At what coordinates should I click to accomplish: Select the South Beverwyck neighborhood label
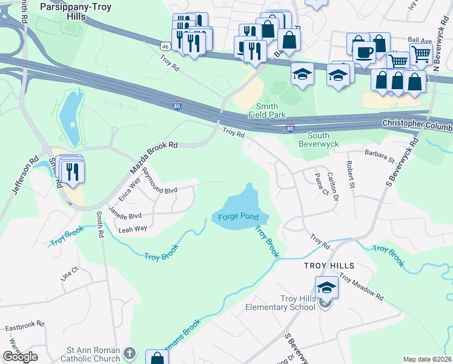click(319, 140)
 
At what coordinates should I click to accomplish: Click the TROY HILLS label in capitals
click(329, 266)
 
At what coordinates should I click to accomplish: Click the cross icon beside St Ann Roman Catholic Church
click(129, 353)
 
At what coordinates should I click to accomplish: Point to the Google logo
click(20, 357)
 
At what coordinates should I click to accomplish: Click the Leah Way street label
click(133, 229)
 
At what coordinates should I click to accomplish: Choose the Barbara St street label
click(379, 157)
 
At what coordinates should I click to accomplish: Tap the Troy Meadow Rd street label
click(362, 287)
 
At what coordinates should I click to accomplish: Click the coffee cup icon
click(363, 52)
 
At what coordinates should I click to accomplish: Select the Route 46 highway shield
click(165, 46)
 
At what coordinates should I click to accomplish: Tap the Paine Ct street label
click(320, 184)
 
